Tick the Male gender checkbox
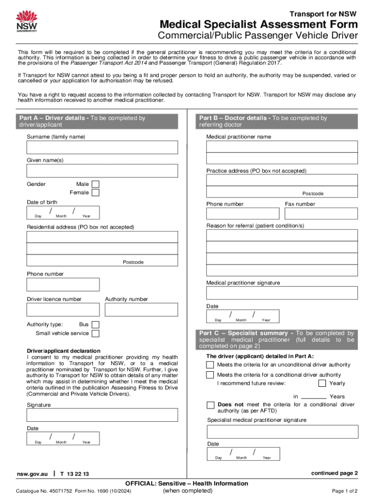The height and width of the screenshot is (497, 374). [96, 184]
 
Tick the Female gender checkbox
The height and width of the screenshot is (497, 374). [96, 193]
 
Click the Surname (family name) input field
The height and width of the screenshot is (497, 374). [102, 148]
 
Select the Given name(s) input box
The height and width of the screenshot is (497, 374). [102, 171]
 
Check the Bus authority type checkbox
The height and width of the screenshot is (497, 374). [96, 325]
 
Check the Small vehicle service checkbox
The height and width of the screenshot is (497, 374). [96, 333]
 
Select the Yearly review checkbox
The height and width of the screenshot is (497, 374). [322, 383]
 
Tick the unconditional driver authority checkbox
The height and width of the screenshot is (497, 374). [210, 364]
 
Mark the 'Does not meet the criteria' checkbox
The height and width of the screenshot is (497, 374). [210, 405]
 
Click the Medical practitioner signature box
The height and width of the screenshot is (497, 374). [282, 293]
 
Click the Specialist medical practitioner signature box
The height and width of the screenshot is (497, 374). [282, 431]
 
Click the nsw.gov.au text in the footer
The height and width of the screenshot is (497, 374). [32, 474]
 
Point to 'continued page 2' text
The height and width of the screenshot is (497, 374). [334, 473]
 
